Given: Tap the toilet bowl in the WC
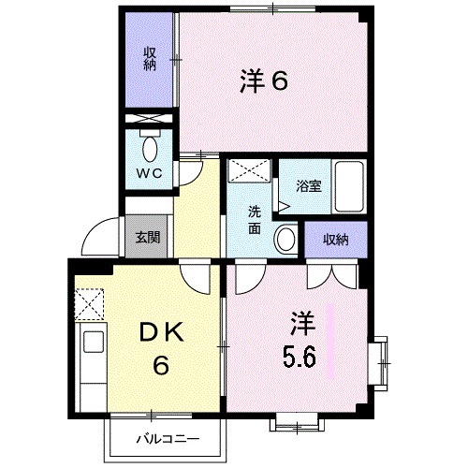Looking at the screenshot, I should click(150, 147).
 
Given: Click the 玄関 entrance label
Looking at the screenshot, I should click(147, 237).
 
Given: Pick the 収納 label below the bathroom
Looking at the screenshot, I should click(335, 239).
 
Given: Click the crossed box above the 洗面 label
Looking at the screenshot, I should click(250, 171).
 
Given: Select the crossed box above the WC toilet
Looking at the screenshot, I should click(149, 120).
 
